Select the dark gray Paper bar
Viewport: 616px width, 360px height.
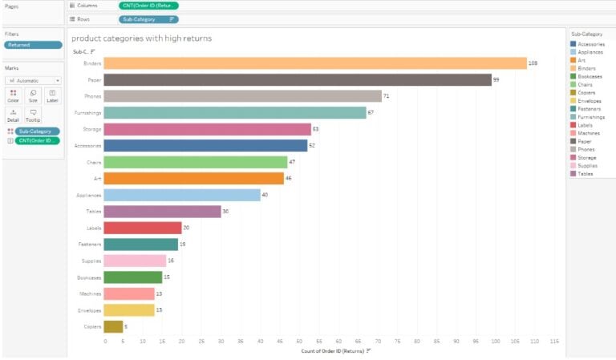pos(297,80)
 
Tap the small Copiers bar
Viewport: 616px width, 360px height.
pos(113,326)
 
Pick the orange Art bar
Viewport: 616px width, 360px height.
pos(193,179)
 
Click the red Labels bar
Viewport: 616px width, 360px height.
pos(143,228)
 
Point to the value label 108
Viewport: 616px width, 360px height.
pos(533,63)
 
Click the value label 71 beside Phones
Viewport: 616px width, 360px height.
pos(386,96)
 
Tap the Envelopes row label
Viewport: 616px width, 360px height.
pos(90,310)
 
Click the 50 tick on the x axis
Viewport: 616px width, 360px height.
pos(299,342)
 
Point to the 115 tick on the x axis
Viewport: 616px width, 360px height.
pos(553,342)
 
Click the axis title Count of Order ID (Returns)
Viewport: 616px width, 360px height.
pos(333,351)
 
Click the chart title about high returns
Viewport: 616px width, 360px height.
pos(141,38)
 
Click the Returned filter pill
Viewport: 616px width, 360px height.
pos(32,46)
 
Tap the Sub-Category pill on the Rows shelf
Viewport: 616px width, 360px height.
pos(148,18)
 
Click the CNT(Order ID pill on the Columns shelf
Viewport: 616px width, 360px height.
pos(148,6)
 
